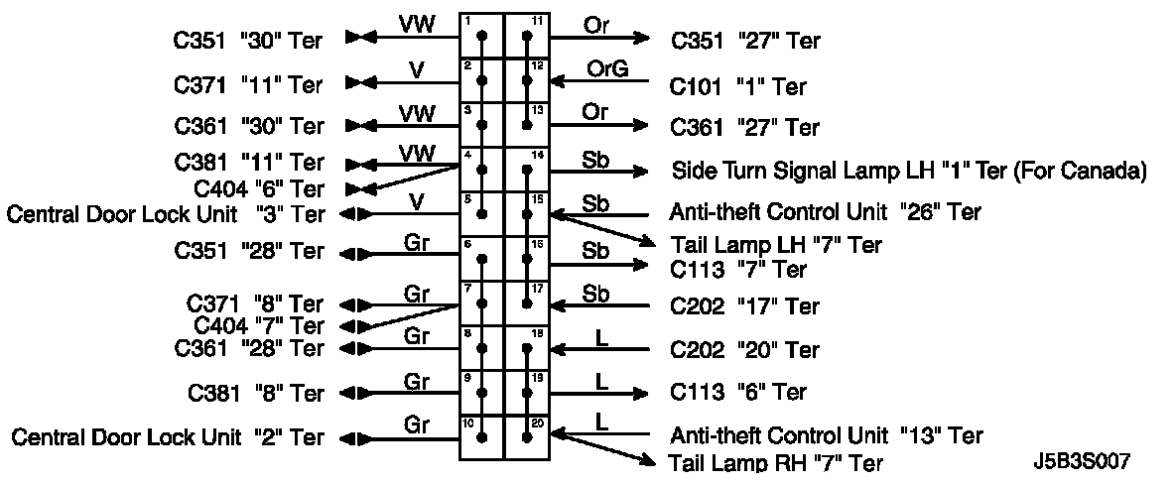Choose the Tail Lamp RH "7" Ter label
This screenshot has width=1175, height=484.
coord(775,462)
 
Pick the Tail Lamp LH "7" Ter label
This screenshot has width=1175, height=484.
coord(775,244)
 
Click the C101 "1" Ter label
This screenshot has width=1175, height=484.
coord(738,87)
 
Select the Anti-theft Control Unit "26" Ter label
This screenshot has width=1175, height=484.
coord(826,212)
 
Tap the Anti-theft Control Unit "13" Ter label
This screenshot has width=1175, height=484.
coord(826,435)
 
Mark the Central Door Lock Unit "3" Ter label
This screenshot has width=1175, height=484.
coord(166,213)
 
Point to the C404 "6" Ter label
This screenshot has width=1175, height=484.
coord(259,188)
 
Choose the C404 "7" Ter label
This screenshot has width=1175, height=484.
coord(259,325)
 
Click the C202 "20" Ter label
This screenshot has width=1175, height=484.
coord(744,350)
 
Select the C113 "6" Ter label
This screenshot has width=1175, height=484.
coord(738,393)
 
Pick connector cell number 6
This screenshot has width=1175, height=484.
coord(481,257)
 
